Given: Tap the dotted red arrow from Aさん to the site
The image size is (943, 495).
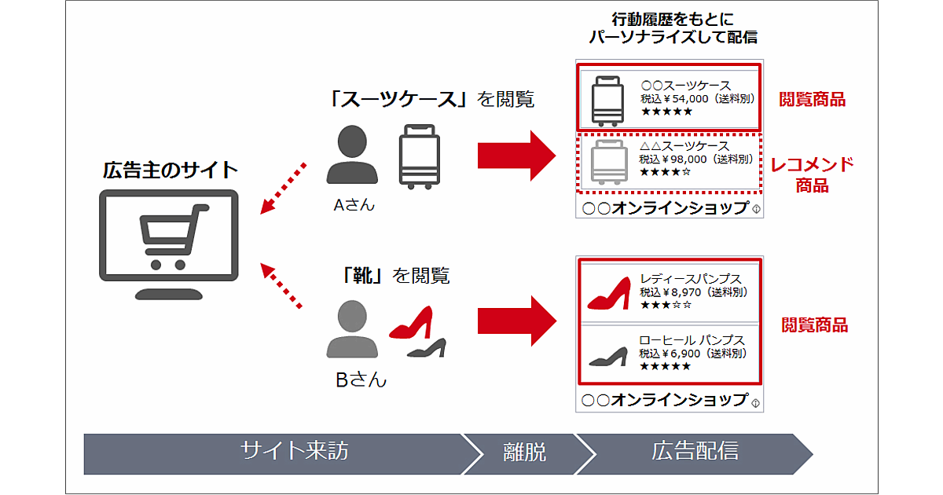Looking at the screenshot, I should (x=283, y=186).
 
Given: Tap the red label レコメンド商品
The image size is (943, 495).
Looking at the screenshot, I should (x=811, y=174).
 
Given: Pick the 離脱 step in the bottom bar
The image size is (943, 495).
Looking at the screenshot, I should (x=524, y=453).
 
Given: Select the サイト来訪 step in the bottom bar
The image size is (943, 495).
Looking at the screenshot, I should (x=295, y=451).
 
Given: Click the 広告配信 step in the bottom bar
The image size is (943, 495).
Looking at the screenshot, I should (x=695, y=451).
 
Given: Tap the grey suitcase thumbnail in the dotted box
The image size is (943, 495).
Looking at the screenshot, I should (x=609, y=162).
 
